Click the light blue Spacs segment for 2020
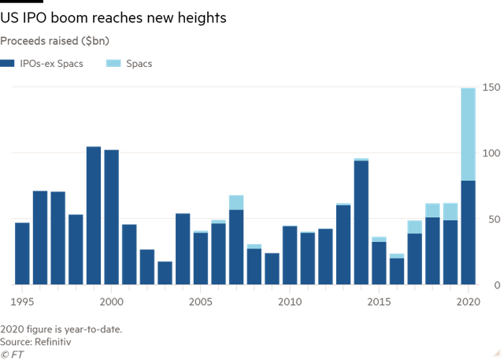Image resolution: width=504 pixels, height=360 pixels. click(x=469, y=134)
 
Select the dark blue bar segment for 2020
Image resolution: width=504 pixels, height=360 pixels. click(x=469, y=232)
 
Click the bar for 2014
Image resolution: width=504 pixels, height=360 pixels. click(x=361, y=221)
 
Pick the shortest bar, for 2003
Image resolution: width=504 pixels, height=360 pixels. click(x=165, y=272)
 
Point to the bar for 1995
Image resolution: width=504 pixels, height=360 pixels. click(x=22, y=252)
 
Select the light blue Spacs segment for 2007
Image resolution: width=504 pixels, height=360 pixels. click(x=236, y=202)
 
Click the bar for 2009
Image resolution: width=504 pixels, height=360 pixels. click(x=272, y=268)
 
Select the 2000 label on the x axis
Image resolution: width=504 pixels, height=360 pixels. click(x=112, y=301)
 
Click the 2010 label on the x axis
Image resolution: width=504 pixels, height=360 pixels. click(x=290, y=301)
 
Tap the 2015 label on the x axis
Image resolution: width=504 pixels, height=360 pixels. click(x=379, y=301)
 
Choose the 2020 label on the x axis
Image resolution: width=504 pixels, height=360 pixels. click(x=468, y=301)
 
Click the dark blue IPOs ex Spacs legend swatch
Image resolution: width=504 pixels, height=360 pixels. click(x=7, y=63)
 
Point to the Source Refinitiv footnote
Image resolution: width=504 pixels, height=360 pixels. click(x=35, y=342)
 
